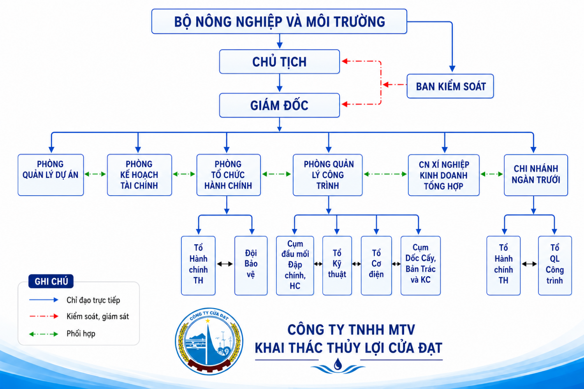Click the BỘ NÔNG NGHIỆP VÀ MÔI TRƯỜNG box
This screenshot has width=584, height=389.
(x=279, y=21)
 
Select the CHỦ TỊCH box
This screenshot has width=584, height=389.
(x=280, y=62)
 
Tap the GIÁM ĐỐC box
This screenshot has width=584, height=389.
(x=280, y=105)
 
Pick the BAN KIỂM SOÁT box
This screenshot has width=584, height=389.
(x=450, y=86)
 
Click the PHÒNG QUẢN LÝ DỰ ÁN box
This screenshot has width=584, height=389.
(x=51, y=175)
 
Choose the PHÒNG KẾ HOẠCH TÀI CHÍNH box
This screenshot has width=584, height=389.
(x=139, y=175)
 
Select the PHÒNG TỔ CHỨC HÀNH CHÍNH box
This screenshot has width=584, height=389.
(x=229, y=175)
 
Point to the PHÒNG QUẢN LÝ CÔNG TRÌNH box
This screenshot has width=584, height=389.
(x=328, y=175)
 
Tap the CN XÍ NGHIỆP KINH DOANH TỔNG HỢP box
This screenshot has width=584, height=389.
(x=444, y=175)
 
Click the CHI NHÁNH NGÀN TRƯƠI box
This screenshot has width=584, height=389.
(x=536, y=175)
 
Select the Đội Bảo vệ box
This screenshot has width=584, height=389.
(x=251, y=266)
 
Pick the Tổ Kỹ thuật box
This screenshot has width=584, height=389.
(x=337, y=266)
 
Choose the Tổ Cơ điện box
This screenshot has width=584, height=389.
(x=376, y=266)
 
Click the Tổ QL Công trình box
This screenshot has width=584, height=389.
(x=555, y=266)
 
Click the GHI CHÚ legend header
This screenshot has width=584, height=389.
(x=51, y=281)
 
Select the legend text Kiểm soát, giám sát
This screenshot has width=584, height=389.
(x=98, y=317)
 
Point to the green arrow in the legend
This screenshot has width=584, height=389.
(x=44, y=334)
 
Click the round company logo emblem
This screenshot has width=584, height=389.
(x=209, y=341)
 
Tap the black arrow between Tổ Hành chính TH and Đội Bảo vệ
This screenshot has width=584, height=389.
(x=225, y=264)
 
